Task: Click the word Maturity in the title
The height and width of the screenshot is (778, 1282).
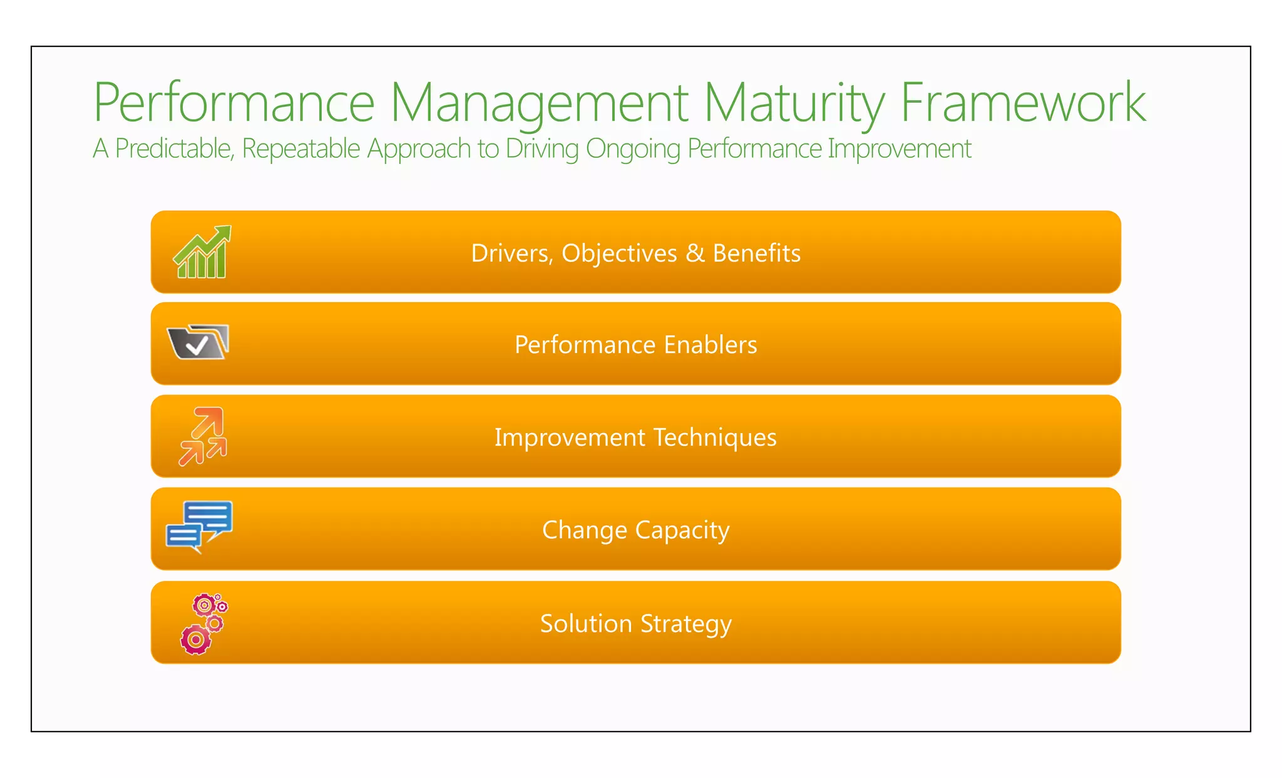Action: pyautogui.click(x=794, y=103)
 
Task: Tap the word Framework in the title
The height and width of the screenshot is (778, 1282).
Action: pyautogui.click(x=1023, y=103)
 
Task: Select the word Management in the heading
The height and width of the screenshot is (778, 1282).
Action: pyautogui.click(x=539, y=103)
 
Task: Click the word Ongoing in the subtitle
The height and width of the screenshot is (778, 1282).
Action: pyautogui.click(x=632, y=149)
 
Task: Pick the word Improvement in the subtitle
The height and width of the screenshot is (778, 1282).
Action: pyautogui.click(x=899, y=149)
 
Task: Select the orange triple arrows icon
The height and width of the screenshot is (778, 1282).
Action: pyautogui.click(x=202, y=436)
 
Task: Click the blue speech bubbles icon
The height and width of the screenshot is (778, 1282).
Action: pyautogui.click(x=200, y=526)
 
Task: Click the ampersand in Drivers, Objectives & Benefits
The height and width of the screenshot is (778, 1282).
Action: pyautogui.click(x=695, y=253)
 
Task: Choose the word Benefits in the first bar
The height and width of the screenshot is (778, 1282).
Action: pyautogui.click(x=756, y=253)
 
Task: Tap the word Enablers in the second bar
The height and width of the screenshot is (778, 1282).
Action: pyautogui.click(x=710, y=345)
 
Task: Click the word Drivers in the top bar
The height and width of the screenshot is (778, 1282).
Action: pyautogui.click(x=510, y=253)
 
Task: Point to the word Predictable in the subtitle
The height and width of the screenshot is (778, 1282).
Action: pyautogui.click(x=175, y=149)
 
